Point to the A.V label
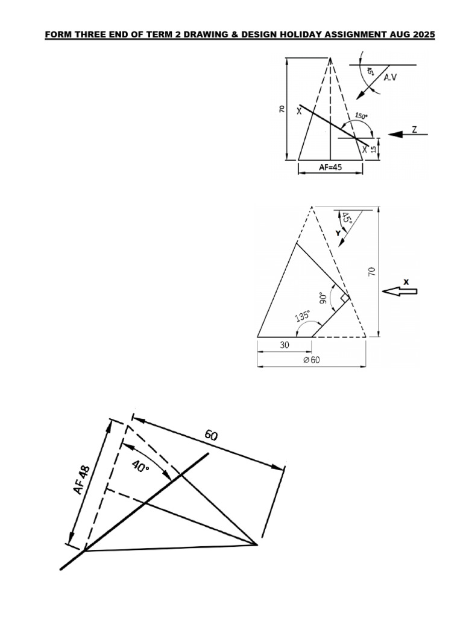click(x=402, y=77)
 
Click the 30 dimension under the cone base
click(x=284, y=345)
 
